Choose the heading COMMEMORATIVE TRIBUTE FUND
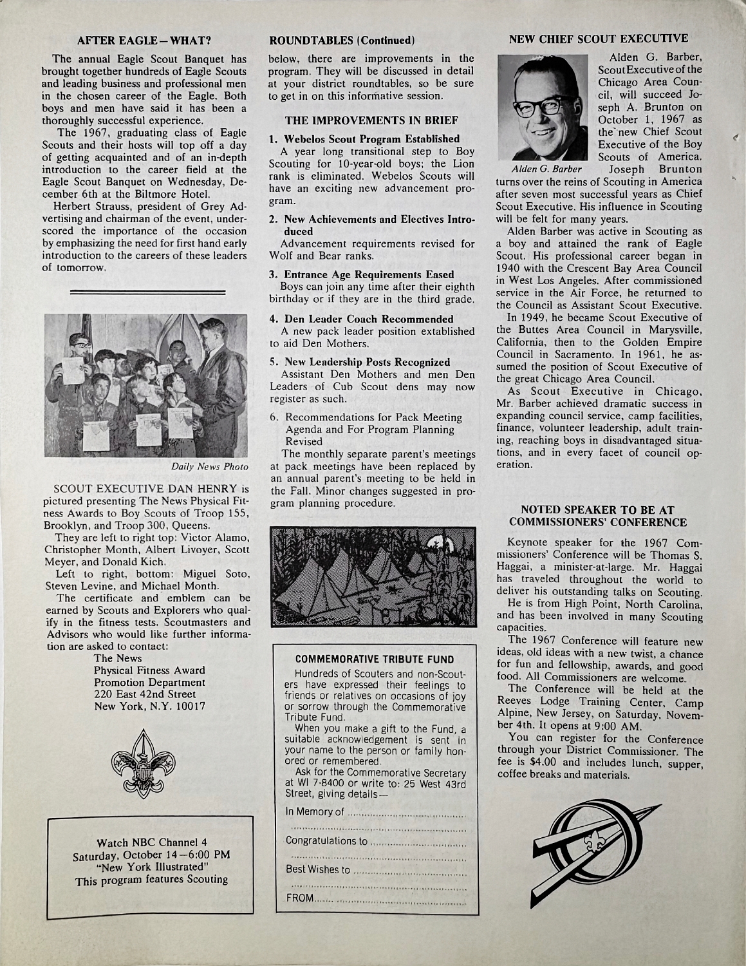click(375, 659)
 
